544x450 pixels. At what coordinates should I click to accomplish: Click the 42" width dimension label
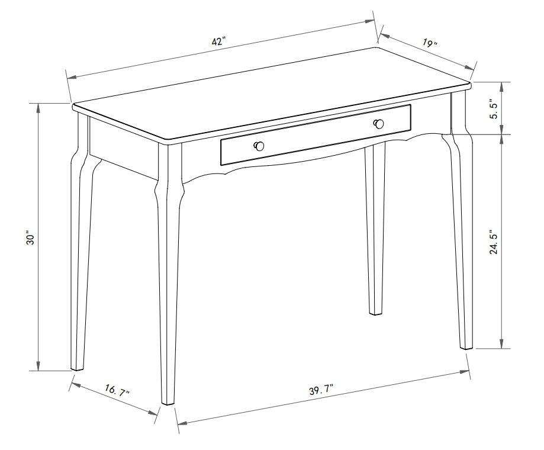218,41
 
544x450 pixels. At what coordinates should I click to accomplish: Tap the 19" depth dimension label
430,43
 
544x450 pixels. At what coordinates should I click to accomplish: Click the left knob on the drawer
259,146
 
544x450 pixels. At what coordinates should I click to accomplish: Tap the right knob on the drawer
379,123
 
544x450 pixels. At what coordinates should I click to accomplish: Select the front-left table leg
169,284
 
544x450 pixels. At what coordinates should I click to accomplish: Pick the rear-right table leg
375,237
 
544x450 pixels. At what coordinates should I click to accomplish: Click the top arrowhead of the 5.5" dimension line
502,85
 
